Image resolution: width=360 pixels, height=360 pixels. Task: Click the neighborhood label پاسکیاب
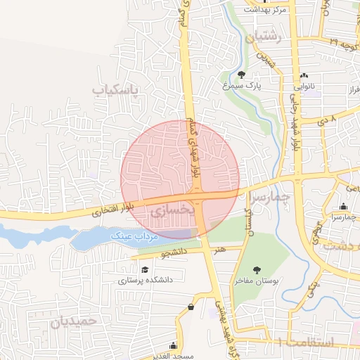click(116, 90)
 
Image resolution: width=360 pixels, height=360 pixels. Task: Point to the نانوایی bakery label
click(304, 86)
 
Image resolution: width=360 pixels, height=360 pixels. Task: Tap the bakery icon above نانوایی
click(304, 75)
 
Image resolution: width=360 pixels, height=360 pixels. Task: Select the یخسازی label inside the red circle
click(170, 209)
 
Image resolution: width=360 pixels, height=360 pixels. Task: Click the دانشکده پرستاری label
click(145, 280)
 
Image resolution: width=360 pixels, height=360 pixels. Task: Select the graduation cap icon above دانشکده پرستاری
click(145, 269)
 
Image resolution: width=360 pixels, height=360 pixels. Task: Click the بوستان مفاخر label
click(257, 280)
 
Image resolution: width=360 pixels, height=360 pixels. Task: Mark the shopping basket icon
click(191, 307)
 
